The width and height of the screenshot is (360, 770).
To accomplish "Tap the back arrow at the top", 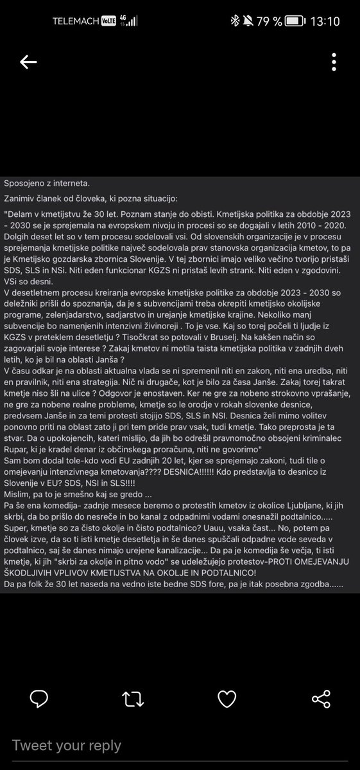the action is [x=28, y=62].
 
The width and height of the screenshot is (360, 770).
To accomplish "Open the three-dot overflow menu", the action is [x=334, y=62].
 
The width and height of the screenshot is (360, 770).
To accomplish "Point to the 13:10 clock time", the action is [x=325, y=21].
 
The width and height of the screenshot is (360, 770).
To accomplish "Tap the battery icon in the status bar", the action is [x=295, y=21].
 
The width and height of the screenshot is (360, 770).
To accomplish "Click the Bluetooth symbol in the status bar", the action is [x=234, y=21].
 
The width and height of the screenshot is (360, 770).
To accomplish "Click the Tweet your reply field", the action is [x=67, y=745].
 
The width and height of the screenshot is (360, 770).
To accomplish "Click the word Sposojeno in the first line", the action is [x=26, y=184].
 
